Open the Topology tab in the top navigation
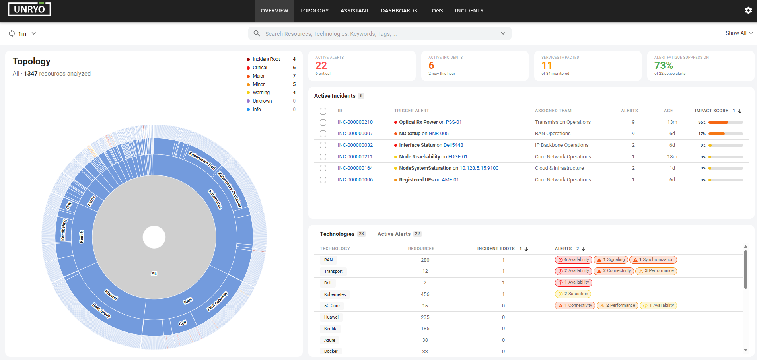click(x=314, y=11)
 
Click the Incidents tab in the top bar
click(x=469, y=11)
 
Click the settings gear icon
click(x=748, y=10)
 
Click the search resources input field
click(x=380, y=34)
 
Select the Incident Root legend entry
click(x=266, y=59)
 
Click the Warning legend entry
click(x=261, y=93)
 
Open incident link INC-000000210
click(x=355, y=122)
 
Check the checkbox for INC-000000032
click(x=323, y=145)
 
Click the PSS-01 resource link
click(x=454, y=122)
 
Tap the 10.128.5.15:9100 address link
click(x=479, y=168)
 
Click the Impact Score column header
click(x=711, y=111)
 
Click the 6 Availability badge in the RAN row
click(x=574, y=260)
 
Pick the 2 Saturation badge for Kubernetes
click(x=573, y=294)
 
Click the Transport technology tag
click(x=333, y=271)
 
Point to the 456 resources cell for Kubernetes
click(x=425, y=294)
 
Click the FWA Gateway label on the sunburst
click(x=217, y=302)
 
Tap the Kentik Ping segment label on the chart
click(x=64, y=230)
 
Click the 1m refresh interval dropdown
click(x=23, y=34)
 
